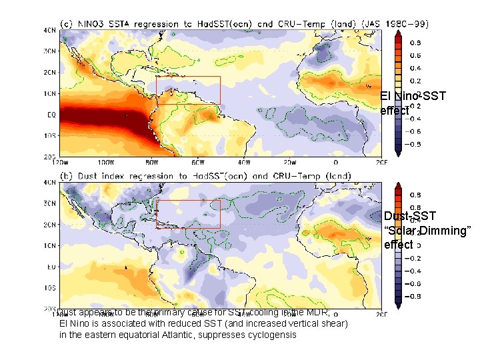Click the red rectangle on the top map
pos(188,90)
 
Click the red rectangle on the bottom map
pos(188,214)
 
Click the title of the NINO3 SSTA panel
pos(244,23)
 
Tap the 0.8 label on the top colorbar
pos(415,42)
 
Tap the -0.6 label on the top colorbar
pos(413,144)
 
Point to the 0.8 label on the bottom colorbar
pos(415,195)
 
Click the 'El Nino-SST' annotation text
pos(413,97)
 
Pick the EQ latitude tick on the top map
pos(51,114)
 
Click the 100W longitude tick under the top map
pos(105,162)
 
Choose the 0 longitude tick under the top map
pos(335,162)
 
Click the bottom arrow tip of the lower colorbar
pos(398,308)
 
